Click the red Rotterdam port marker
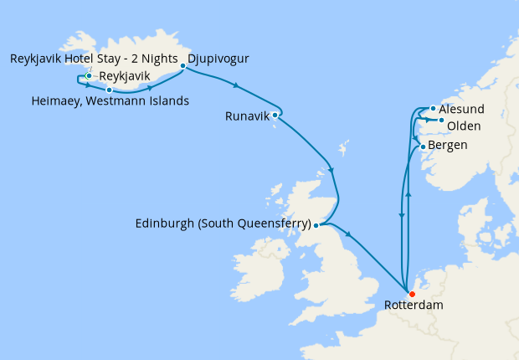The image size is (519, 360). [411, 294]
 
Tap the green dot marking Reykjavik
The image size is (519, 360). [89, 76]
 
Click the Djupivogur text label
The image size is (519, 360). [218, 59]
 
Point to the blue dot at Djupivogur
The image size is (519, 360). [182, 66]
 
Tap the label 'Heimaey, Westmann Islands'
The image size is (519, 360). [109, 101]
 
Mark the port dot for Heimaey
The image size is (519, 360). [109, 89]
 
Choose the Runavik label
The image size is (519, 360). [247, 116]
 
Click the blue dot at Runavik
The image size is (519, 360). [275, 116]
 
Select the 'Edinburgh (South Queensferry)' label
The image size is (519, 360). [222, 224]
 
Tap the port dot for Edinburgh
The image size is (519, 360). [316, 224]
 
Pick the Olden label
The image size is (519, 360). [463, 126]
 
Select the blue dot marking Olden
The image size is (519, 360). [441, 121]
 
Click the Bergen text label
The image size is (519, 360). [449, 146]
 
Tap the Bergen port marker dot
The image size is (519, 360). [424, 147]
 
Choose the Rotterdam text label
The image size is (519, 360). [414, 306]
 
